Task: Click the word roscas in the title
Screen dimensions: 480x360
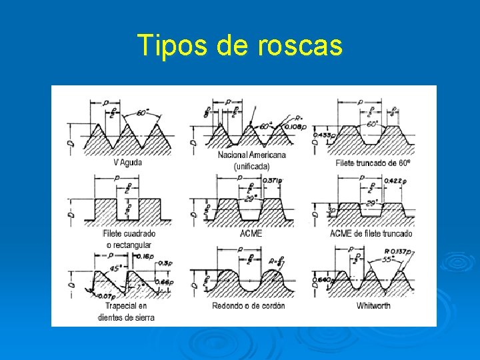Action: pos(299,45)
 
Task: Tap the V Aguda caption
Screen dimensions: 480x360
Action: pos(127,161)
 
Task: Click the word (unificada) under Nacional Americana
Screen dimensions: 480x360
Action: pos(251,166)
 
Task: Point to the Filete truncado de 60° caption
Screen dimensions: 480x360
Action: pos(373,162)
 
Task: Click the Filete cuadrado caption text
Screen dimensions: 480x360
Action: pos(129,234)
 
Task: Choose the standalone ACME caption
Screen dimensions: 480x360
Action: pos(251,234)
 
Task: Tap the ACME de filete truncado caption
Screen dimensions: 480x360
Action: pos(371,234)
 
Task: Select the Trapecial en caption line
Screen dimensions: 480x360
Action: pos(126,306)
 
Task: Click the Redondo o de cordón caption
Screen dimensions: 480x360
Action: pos(248,306)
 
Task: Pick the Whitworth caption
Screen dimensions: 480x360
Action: pos(373,306)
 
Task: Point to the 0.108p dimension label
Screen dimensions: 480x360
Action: pos(295,127)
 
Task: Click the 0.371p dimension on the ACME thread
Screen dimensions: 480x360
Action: pos(273,181)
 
